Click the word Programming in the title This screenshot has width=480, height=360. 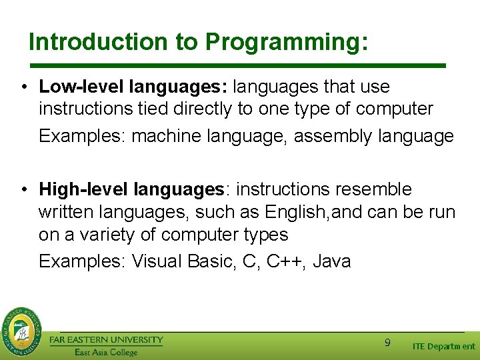point(286,42)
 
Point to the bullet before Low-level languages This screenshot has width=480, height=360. point(24,87)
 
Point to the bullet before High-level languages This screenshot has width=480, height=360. point(24,190)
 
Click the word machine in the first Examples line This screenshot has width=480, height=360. point(169,137)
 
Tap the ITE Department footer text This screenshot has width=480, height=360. point(443,346)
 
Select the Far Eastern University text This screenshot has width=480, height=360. point(106,340)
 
